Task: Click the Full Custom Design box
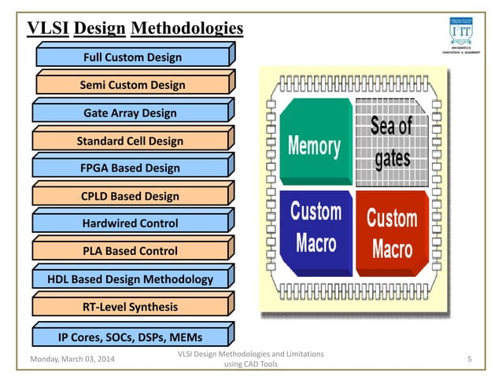pos(132,57)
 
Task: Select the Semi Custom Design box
pos(132,85)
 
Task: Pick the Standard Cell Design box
pos(130,141)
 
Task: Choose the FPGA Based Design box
pos(131,168)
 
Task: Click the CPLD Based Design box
pos(131,196)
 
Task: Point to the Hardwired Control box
pos(131,223)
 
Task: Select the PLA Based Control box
pos(131,251)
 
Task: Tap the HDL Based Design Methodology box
pos(131,279)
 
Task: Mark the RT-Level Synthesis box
pos(131,307)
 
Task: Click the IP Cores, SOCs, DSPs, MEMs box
pos(131,337)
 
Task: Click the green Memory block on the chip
pos(314,146)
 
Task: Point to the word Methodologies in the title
pos(186,29)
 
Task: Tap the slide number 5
pos(469,359)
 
